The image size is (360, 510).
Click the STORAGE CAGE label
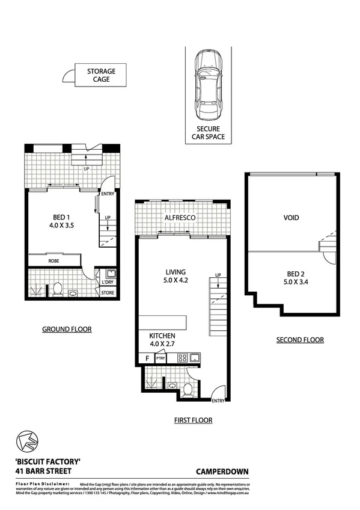coord(101,75)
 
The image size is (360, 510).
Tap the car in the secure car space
coord(207,84)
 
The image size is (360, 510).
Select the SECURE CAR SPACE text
coord(208,133)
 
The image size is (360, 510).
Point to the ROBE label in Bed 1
coord(53,262)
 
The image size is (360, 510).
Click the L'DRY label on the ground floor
coord(108,282)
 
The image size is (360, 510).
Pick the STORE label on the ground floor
coord(108,293)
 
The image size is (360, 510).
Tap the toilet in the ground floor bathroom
coord(58,289)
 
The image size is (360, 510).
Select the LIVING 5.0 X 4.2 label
coord(175,276)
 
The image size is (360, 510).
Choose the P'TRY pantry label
coord(160,358)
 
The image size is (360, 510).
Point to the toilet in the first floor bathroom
coord(188,390)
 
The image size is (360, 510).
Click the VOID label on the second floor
coord(290,218)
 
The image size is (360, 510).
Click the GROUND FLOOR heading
coord(66,329)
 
